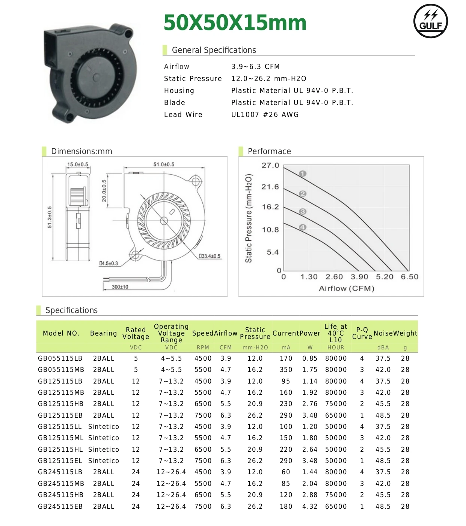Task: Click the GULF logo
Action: pos(430,21)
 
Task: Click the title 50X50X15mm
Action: pos(235,22)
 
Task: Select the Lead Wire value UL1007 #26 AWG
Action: pos(265,115)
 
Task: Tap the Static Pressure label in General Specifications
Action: pos(193,79)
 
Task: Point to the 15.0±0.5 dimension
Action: pos(78,164)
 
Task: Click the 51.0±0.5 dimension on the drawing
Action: pos(164,164)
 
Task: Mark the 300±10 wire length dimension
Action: pos(120,287)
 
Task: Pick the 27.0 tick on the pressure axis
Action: pos(270,165)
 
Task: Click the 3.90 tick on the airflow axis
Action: pos(359,277)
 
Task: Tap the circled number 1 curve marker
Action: pos(303,174)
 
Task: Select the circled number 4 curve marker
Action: pos(303,227)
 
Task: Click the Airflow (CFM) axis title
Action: pos(346,288)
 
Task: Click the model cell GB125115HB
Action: pos(60,404)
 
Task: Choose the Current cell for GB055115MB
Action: pos(286,370)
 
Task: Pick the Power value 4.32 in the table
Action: pos(310,507)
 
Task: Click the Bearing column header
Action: pos(103,333)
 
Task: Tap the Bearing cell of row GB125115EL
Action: pos(103,461)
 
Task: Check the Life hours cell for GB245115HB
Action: pos(336,495)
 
